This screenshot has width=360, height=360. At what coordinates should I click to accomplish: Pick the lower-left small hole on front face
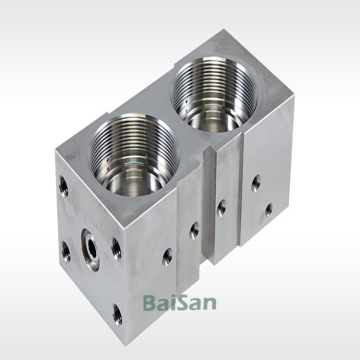click(x=65, y=247)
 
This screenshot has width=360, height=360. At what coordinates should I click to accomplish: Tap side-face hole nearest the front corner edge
click(x=166, y=255)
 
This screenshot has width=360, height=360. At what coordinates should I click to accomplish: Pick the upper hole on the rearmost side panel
click(x=257, y=182)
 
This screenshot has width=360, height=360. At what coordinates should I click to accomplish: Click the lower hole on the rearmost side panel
click(x=267, y=210)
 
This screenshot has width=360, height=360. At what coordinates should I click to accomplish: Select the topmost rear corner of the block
click(x=217, y=32)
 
